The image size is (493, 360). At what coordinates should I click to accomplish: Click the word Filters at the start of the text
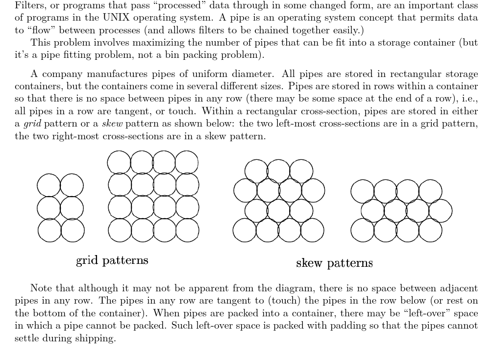[x=28, y=6]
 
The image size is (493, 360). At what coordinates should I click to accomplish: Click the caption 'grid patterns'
[x=112, y=260]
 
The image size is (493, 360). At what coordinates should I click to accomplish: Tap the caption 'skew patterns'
[x=334, y=263]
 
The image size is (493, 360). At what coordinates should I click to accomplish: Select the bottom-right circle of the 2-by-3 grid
[x=72, y=231]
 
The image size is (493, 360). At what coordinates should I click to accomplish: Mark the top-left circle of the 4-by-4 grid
[x=119, y=162]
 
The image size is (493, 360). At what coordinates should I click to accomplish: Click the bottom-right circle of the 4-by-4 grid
[x=187, y=231]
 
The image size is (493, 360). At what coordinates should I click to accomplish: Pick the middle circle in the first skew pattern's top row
[x=278, y=171]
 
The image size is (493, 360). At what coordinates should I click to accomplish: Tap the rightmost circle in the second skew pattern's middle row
[x=440, y=211]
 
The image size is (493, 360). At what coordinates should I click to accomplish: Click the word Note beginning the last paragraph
[x=41, y=288]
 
